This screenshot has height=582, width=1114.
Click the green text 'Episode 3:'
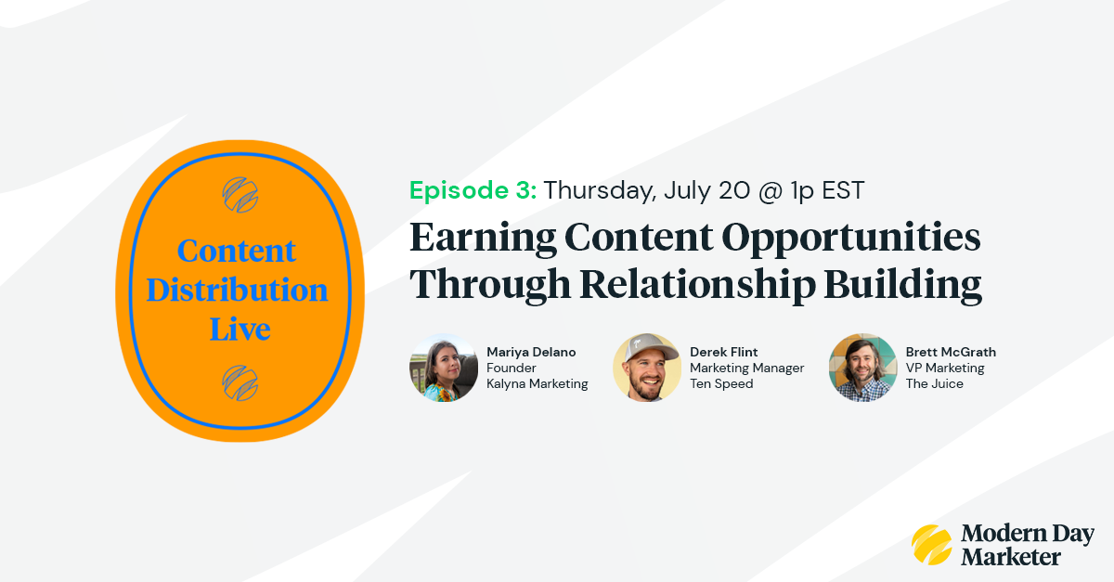pyautogui.click(x=473, y=190)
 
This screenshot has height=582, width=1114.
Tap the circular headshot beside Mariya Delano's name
pyautogui.click(x=443, y=368)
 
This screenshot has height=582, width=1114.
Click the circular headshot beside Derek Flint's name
pyautogui.click(x=647, y=368)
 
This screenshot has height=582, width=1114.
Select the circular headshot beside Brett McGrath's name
pyautogui.click(x=862, y=368)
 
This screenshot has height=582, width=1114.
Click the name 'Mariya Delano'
pyautogui.click(x=531, y=352)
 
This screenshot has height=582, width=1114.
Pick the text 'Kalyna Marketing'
pyautogui.click(x=538, y=383)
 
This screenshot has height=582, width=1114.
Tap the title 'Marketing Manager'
pyautogui.click(x=746, y=368)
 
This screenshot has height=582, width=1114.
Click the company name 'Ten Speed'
pyautogui.click(x=721, y=383)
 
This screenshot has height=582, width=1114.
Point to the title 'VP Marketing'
pyautogui.click(x=945, y=368)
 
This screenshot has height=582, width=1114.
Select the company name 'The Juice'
pyautogui.click(x=934, y=383)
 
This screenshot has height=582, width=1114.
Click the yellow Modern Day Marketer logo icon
pyautogui.click(x=931, y=545)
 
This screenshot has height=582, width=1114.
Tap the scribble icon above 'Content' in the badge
pyautogui.click(x=240, y=193)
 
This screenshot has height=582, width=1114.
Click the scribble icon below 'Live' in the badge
pyautogui.click(x=240, y=382)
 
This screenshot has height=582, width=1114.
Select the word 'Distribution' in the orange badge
pyautogui.click(x=238, y=290)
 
